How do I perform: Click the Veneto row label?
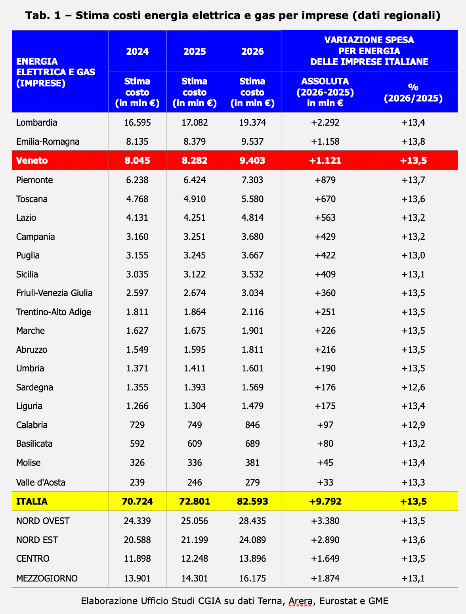pyautogui.click(x=32, y=161)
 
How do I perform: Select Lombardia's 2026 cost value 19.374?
pyautogui.click(x=252, y=122)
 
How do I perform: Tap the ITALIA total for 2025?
pyautogui.click(x=194, y=501)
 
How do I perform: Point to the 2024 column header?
pyautogui.click(x=138, y=52)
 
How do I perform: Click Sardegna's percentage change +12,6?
pyautogui.click(x=413, y=387)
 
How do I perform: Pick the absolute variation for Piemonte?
pyautogui.click(x=325, y=180)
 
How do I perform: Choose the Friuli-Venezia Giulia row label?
pyautogui.click(x=54, y=293)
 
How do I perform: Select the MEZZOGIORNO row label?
pyautogui.click(x=47, y=578)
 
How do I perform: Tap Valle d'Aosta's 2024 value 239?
pyautogui.click(x=137, y=482)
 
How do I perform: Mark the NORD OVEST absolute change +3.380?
pyautogui.click(x=325, y=521)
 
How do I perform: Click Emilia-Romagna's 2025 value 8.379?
pyautogui.click(x=194, y=142)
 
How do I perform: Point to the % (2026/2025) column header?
pyautogui.click(x=413, y=92)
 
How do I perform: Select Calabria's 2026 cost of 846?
pyautogui.click(x=252, y=425)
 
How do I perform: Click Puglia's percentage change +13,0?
pyautogui.click(x=413, y=255)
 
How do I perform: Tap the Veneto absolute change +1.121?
pyautogui.click(x=325, y=161)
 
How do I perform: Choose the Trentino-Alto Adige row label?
pyautogui.click(x=53, y=312)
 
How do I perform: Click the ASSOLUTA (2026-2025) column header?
pyautogui.click(x=325, y=92)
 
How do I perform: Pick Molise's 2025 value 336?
pyautogui.click(x=194, y=463)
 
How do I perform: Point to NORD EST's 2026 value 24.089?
pyautogui.click(x=252, y=540)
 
